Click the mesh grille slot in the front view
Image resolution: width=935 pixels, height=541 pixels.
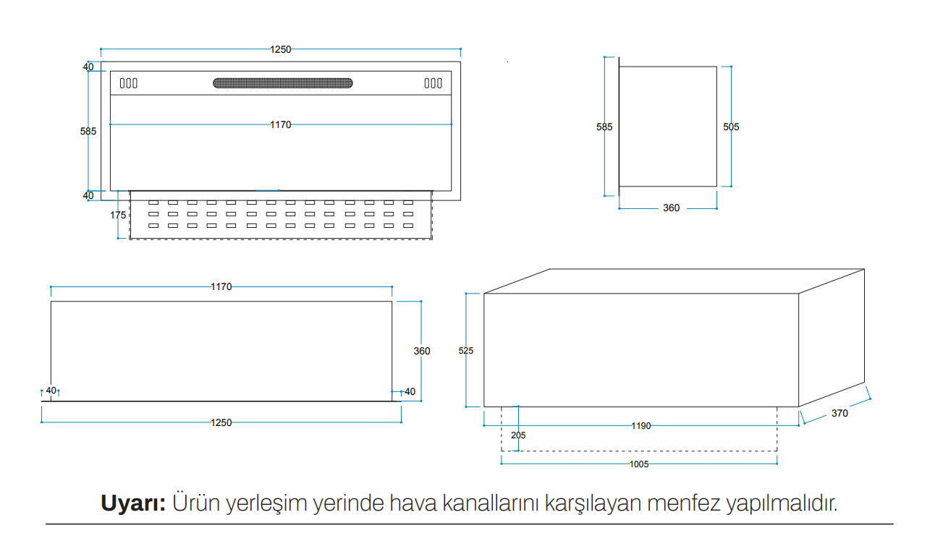282,83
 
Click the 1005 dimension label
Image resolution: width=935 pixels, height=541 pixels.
639,464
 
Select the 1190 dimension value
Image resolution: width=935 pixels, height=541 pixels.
640,426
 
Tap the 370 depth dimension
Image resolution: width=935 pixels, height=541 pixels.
839,413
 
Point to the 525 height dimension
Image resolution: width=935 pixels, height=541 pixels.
466,351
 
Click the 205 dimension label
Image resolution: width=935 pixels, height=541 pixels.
518,435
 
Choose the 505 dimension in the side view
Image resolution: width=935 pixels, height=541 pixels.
731,127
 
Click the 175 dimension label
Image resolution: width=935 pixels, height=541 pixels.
118,216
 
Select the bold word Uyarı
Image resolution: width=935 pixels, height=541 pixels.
133,503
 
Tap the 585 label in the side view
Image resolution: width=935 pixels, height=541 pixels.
604,127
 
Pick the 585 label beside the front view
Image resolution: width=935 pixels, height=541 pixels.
88,132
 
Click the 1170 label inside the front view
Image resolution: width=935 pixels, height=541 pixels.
281,124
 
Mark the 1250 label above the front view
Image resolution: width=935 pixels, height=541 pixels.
281,50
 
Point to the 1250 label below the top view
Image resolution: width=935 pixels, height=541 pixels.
221,423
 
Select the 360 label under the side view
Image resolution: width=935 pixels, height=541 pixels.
671,208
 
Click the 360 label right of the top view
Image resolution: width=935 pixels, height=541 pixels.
422,352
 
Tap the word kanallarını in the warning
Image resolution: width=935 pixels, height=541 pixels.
491,503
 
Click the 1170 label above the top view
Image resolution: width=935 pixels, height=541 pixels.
221,287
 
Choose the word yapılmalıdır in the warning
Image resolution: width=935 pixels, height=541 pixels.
782,503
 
